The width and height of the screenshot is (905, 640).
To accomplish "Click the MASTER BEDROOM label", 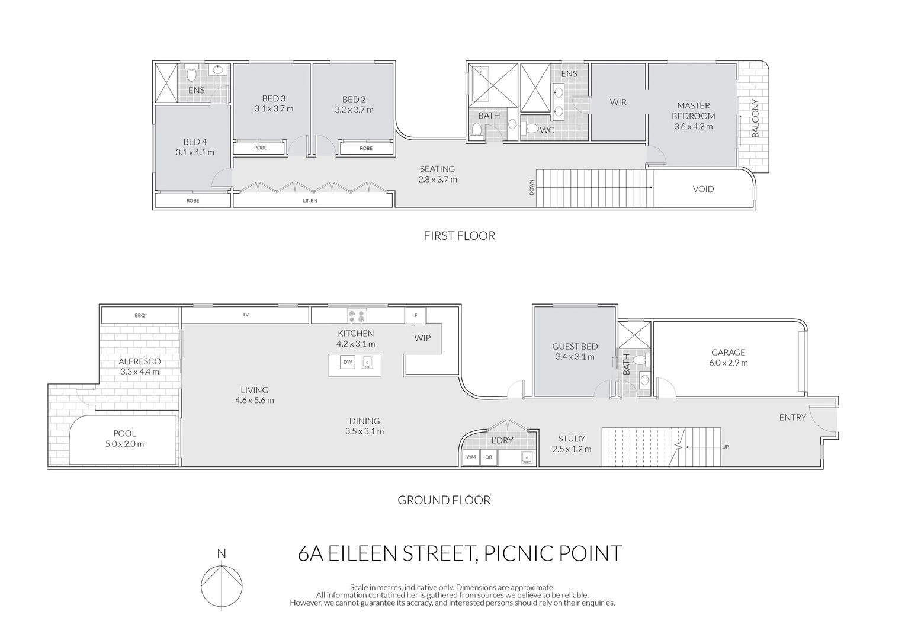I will click(x=693, y=111).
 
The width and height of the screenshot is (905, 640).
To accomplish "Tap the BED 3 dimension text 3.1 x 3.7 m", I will click(x=274, y=109).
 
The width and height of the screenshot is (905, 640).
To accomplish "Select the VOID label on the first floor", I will click(x=703, y=189).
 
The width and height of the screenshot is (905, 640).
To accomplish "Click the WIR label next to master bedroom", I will click(x=618, y=102).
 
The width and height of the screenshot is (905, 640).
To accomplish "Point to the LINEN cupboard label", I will click(x=310, y=201).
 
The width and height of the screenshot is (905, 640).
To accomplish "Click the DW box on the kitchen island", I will click(x=348, y=362).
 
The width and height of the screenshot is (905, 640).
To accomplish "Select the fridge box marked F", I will click(x=415, y=316).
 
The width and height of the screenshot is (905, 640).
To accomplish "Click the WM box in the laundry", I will click(x=471, y=457).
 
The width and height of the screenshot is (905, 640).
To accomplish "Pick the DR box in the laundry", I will click(x=489, y=457).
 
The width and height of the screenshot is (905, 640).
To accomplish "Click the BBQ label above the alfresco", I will click(x=140, y=316).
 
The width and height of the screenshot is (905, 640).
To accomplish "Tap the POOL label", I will click(x=124, y=433).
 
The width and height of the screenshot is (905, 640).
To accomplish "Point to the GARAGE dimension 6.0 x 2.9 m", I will click(x=728, y=363).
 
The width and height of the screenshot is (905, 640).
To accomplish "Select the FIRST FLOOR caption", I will click(x=459, y=236).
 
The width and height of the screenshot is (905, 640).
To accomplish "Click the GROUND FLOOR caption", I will click(x=444, y=500).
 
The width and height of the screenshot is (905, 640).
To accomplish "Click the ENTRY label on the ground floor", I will click(x=792, y=417).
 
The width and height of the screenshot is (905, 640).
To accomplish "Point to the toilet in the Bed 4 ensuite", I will click(x=191, y=74).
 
